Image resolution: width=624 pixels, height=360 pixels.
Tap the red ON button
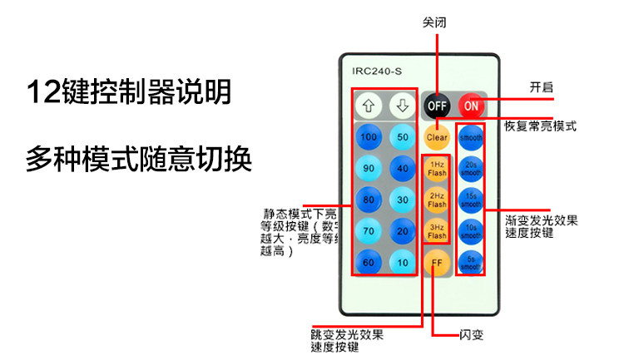click(471, 106)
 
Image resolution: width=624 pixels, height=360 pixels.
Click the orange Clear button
click(437, 137)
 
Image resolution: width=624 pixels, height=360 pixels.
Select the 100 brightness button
click(369, 137)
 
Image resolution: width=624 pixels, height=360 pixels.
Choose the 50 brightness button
click(403, 137)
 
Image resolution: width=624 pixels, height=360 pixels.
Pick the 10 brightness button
click(403, 263)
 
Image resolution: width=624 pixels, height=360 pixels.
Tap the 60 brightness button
click(369, 263)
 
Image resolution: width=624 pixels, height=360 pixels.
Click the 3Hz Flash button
click(437, 231)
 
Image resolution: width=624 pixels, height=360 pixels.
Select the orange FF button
click(437, 263)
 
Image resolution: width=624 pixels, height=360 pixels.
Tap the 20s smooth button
click(471, 168)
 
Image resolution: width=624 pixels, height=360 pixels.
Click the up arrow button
click(369, 106)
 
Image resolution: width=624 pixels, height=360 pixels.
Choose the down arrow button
click(403, 106)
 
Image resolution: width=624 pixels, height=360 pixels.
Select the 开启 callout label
click(542, 87)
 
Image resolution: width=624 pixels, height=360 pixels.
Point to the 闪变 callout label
click(471, 336)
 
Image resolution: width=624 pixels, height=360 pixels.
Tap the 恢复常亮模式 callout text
click(541, 127)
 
